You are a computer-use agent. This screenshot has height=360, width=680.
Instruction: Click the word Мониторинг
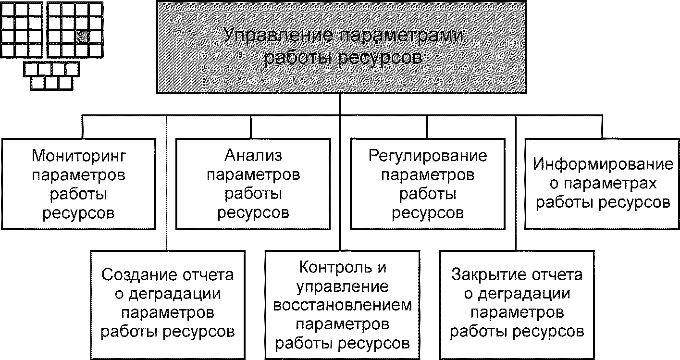78,156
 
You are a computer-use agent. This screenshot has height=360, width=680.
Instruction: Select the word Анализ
253,156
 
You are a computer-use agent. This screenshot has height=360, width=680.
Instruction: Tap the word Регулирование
428,156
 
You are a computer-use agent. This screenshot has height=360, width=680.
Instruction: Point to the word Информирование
603,165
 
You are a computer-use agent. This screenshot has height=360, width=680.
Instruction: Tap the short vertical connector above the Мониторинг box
83,127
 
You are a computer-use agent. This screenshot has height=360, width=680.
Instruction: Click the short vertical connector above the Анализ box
251,127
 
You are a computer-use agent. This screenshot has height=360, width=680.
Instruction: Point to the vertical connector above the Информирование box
602,127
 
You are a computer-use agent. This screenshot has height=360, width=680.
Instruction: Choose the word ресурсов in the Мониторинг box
78,213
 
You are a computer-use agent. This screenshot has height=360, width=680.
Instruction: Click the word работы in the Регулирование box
428,194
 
